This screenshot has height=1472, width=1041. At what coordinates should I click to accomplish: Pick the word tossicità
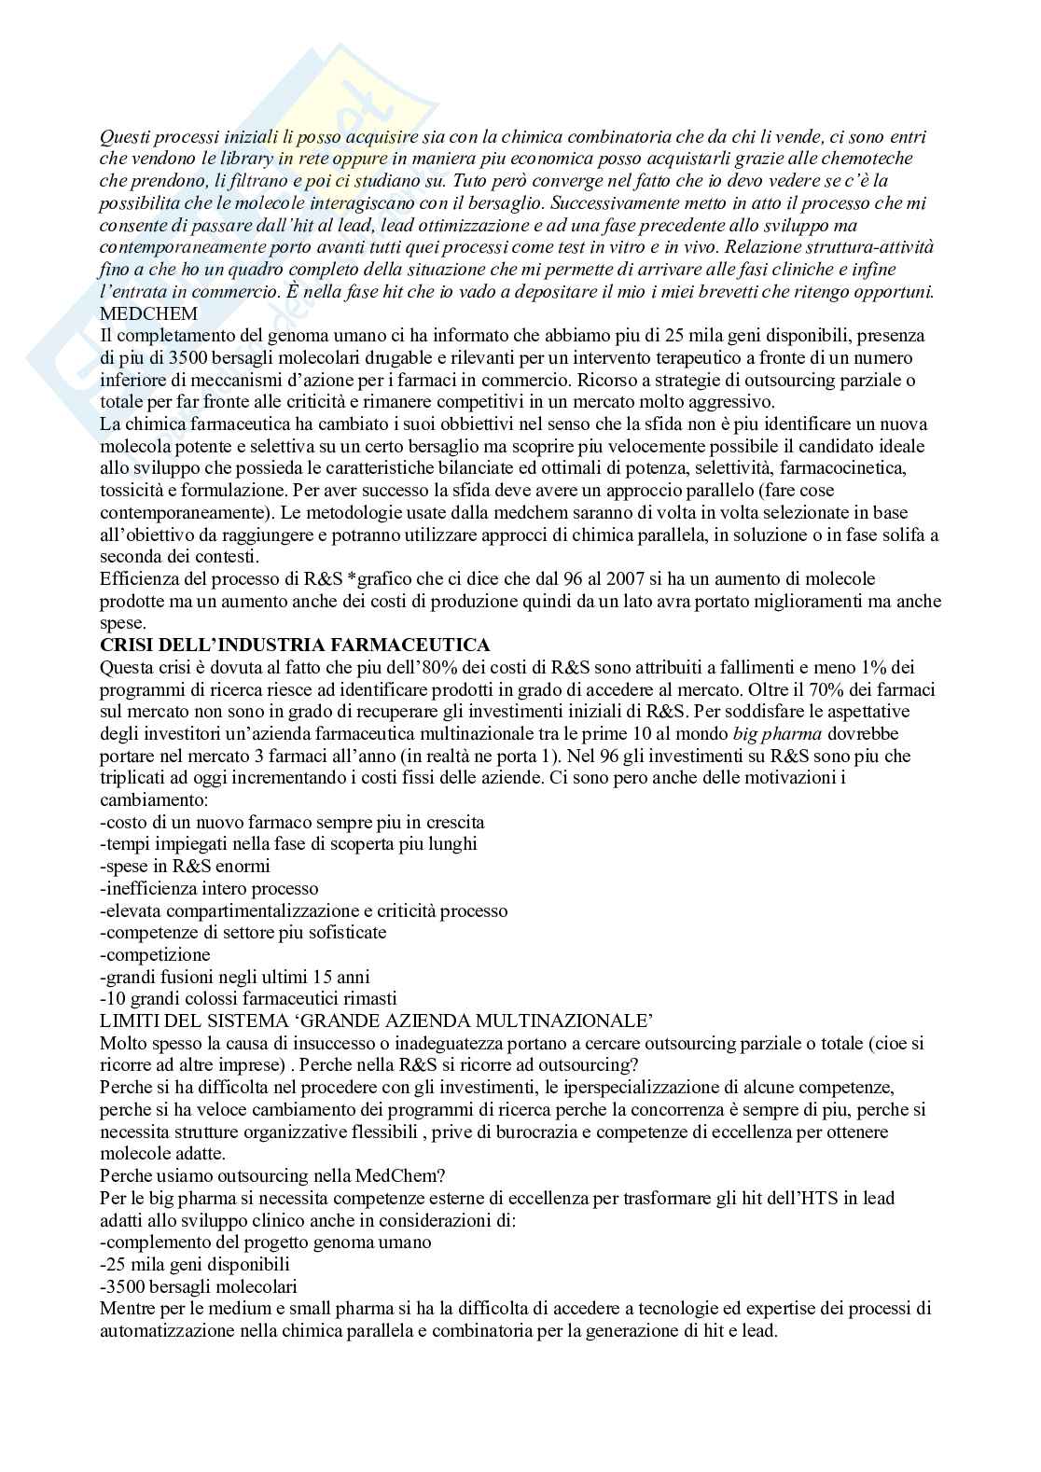(x=138, y=491)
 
